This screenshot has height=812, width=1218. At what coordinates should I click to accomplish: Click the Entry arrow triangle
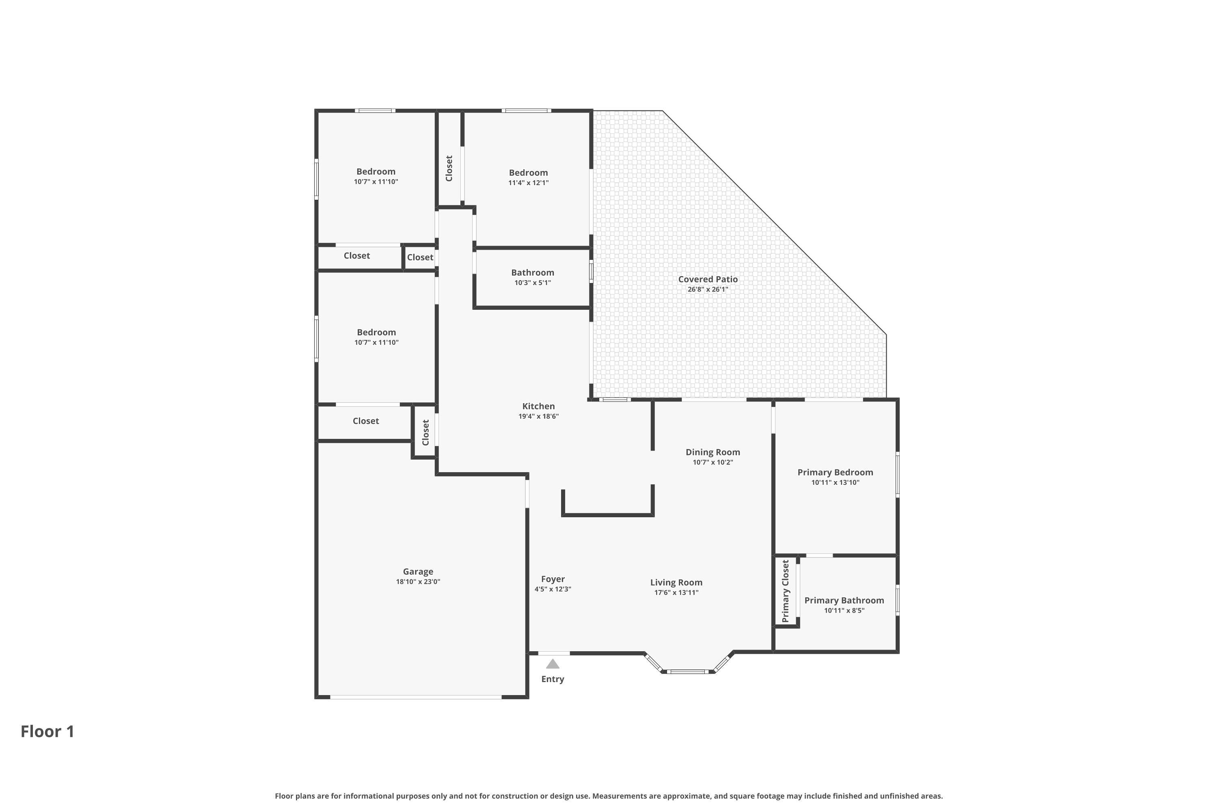point(553,664)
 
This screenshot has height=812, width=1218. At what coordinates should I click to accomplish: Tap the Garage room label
point(418,572)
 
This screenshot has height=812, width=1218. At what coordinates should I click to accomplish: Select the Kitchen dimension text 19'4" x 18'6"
point(539,417)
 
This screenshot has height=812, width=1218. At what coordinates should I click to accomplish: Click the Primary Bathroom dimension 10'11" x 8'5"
point(844,611)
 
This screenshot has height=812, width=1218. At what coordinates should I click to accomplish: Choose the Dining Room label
point(713,452)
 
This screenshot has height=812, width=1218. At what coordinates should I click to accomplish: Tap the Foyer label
point(553,579)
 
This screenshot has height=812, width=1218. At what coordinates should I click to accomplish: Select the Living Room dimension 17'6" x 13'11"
point(676,592)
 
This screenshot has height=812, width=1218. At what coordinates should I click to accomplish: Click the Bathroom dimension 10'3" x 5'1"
point(532,283)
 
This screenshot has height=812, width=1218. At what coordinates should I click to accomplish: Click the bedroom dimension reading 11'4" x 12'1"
point(528,183)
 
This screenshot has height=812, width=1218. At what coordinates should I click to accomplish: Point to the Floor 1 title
point(48,731)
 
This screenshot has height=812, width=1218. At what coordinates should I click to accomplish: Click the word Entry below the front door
point(553,679)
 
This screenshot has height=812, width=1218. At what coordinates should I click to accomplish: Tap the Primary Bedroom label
point(835,472)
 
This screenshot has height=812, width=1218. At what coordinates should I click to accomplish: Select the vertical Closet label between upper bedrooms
point(449,168)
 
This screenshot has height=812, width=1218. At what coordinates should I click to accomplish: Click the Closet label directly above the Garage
point(366,421)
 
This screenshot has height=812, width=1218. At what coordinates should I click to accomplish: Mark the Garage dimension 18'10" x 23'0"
point(418,581)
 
